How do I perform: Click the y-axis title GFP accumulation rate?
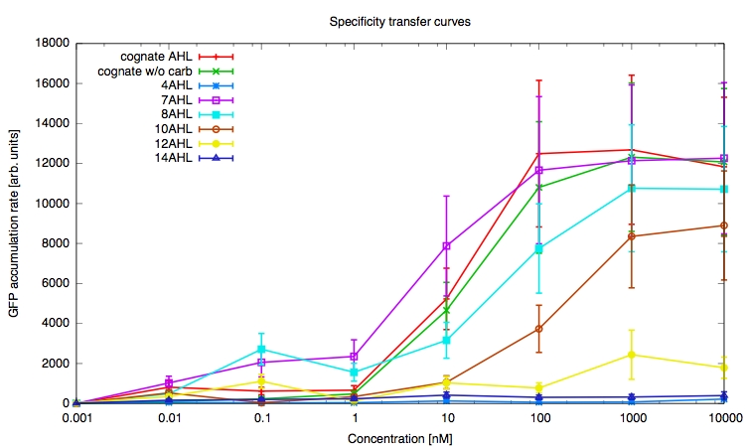13,223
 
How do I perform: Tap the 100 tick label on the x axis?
539,418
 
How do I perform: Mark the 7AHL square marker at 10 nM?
447,245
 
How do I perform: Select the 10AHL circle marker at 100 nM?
539,329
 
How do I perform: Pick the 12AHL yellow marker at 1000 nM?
632,355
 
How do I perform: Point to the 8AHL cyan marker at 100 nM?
539,249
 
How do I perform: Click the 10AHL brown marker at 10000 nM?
724,225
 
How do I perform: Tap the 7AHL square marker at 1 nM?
355,357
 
